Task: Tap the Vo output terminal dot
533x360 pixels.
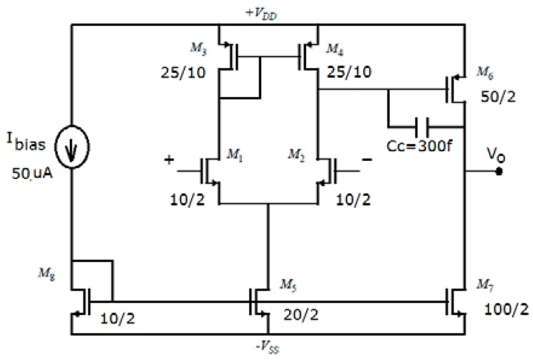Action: (x=499, y=170)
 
